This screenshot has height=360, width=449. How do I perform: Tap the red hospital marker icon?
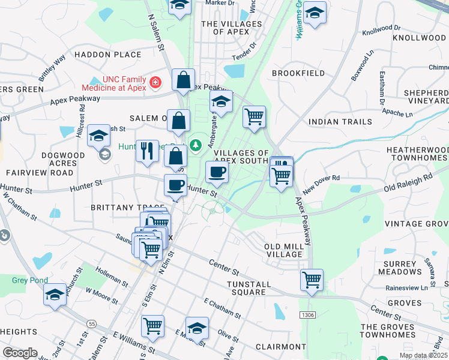[155, 81]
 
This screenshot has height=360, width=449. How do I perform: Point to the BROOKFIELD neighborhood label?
[298, 73]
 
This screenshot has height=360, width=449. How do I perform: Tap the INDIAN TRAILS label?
[336, 122]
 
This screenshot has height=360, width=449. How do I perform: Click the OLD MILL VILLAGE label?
[284, 251]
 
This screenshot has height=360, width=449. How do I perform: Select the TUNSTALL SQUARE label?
[255, 288]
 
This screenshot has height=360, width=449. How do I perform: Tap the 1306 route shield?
[307, 314]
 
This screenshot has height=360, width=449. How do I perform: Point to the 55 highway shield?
[91, 323]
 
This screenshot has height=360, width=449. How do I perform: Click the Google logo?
[20, 353]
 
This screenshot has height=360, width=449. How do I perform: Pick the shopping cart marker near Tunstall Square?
[312, 279]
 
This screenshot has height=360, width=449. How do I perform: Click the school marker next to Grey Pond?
[55, 295]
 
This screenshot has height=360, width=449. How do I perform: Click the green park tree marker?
[195, 145]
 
